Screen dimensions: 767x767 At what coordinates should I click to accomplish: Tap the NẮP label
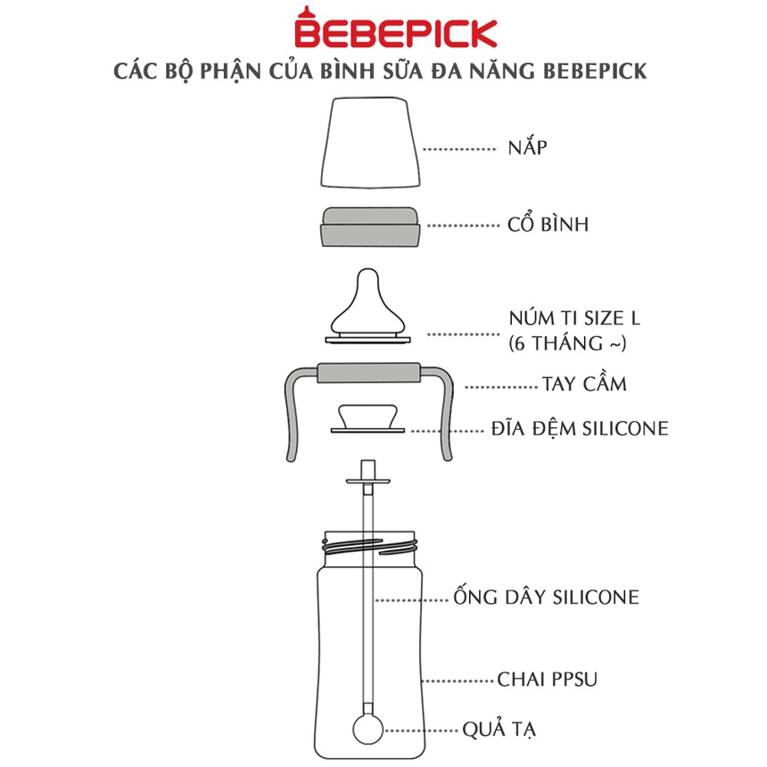(x=527, y=147)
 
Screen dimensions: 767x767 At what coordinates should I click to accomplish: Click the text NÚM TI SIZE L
(x=574, y=318)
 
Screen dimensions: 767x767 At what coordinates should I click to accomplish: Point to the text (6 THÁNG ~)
(x=567, y=343)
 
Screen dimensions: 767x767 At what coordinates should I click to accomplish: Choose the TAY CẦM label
(x=584, y=383)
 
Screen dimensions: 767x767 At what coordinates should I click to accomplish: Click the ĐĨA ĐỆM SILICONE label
(x=580, y=428)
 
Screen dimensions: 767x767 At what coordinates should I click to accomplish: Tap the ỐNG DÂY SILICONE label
(x=546, y=596)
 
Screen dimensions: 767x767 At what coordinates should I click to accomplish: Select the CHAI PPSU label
(x=548, y=679)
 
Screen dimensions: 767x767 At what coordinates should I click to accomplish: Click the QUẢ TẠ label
(x=499, y=730)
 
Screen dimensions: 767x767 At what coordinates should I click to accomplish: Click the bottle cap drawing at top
(x=370, y=143)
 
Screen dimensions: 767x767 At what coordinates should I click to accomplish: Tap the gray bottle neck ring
(x=370, y=227)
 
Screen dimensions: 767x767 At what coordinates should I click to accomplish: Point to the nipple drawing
(x=367, y=306)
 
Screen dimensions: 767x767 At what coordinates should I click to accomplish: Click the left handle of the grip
(x=293, y=416)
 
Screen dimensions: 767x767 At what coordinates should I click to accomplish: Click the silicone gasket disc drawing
(x=367, y=418)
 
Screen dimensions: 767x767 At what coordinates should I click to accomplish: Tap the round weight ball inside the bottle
(x=367, y=730)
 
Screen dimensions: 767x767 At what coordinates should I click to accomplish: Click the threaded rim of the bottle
(x=370, y=547)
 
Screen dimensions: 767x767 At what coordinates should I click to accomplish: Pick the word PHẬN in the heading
(x=230, y=71)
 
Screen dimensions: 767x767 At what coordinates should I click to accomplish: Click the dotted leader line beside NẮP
(x=459, y=149)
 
